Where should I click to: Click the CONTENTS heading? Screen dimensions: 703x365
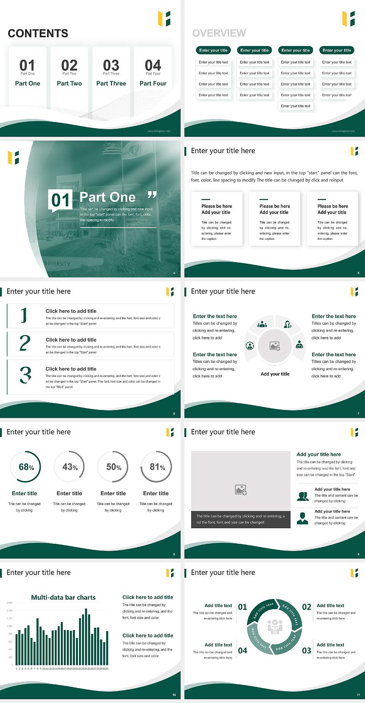coord(38,33)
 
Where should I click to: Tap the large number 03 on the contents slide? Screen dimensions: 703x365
coord(111,65)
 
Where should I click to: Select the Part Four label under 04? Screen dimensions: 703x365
coord(153,83)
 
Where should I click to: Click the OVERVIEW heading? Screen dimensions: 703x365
coord(219,33)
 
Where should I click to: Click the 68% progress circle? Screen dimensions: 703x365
coord(26,467)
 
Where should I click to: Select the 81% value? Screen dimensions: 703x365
coord(157,467)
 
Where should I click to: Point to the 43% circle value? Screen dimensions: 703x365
coord(70,467)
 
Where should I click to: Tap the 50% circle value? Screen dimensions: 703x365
coord(113,467)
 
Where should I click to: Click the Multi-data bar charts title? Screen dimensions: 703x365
coord(63,597)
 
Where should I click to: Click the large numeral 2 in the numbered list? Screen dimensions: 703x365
coord(25,343)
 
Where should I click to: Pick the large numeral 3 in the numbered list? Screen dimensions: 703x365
coord(25,375)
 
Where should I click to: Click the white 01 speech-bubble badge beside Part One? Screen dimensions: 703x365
coord(60,200)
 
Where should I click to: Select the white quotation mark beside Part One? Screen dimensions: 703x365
coord(152,195)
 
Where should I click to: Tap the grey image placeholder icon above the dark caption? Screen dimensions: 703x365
coord(241,489)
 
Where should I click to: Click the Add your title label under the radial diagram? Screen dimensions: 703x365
coord(275,374)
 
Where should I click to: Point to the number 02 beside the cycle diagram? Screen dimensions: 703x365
coord(306,607)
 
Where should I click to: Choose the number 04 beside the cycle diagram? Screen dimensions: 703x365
coord(243,651)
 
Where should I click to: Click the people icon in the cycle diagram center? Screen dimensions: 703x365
coord(275,627)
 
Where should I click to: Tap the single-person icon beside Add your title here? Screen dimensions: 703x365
coord(302,518)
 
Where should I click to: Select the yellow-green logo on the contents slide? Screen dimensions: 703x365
coord(164,19)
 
